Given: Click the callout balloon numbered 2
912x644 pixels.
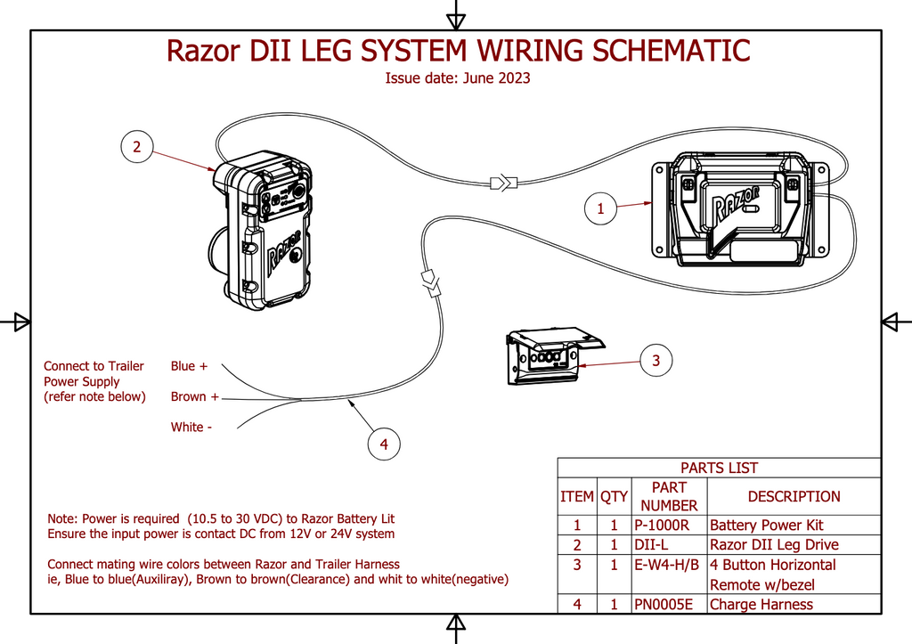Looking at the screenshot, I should (x=136, y=147).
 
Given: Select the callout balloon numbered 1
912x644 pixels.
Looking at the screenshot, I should (x=600, y=209).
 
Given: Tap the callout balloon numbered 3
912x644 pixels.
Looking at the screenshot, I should (x=656, y=361).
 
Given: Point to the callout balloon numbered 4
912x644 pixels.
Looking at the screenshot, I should (x=384, y=444).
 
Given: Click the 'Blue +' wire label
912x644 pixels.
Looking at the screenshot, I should (x=189, y=366).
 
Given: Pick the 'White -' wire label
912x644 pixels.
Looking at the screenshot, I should (x=191, y=428).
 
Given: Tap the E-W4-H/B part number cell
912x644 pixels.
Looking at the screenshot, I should (x=667, y=565).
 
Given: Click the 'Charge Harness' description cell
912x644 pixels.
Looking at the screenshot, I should (x=761, y=605).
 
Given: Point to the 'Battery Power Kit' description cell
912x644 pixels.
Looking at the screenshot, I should (x=767, y=526).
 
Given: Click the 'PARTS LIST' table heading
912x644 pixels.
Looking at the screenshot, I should (x=719, y=468).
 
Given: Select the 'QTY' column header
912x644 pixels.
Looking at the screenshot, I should (x=614, y=496).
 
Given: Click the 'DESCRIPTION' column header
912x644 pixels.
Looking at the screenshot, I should (x=794, y=496).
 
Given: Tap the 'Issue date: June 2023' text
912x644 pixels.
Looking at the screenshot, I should (x=458, y=78).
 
